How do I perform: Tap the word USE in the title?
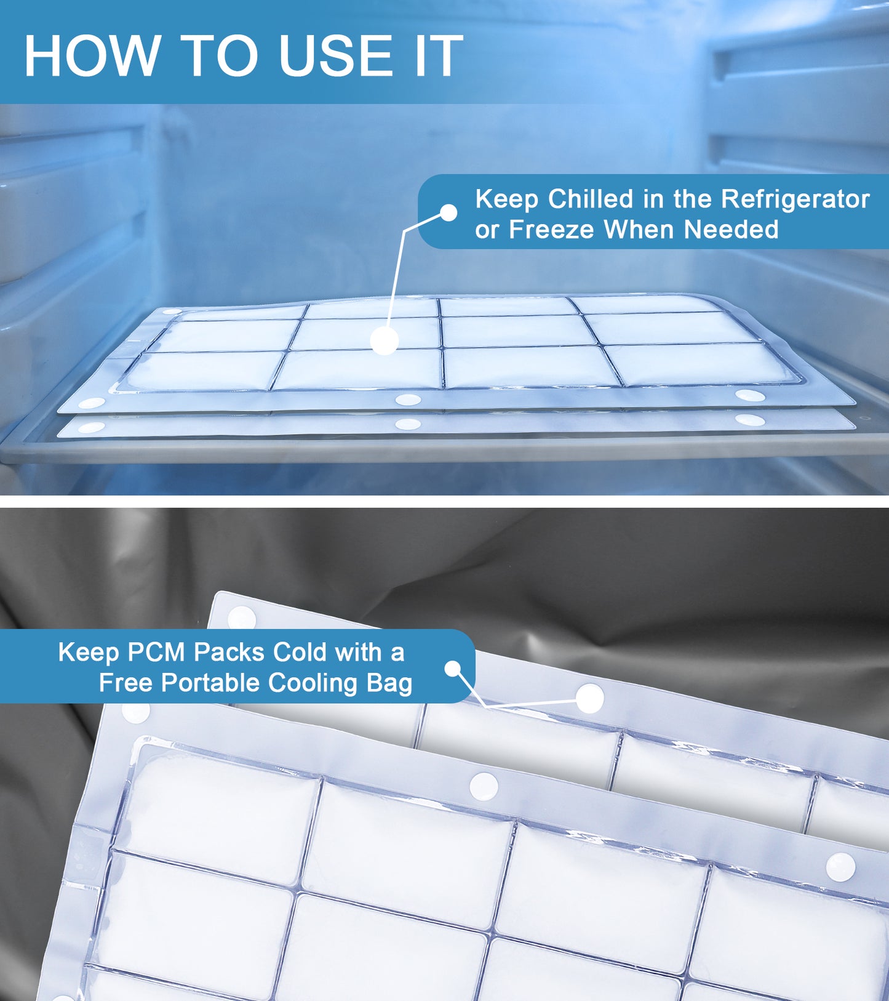[x=335, y=56]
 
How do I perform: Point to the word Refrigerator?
[x=795, y=200]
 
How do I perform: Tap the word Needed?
[x=731, y=230]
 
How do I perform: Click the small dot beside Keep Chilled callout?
[x=449, y=212]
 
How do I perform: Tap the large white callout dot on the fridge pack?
[x=385, y=340]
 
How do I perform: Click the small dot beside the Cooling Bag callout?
[x=453, y=669]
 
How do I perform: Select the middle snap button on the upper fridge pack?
[x=408, y=400]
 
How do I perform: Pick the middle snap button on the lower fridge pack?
[x=408, y=424]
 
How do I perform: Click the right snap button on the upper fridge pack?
[x=750, y=395]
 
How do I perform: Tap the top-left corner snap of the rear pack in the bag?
[x=242, y=617]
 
